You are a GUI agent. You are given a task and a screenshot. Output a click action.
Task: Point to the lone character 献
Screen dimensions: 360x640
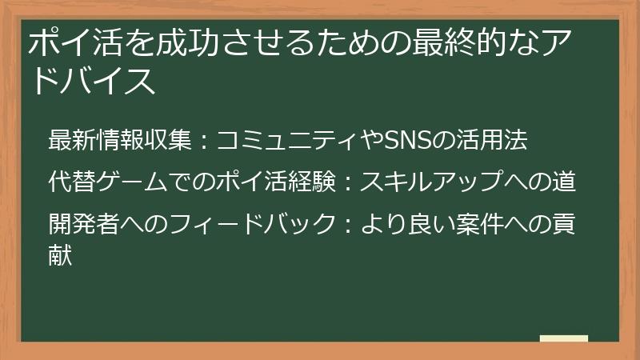coord(61,256)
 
